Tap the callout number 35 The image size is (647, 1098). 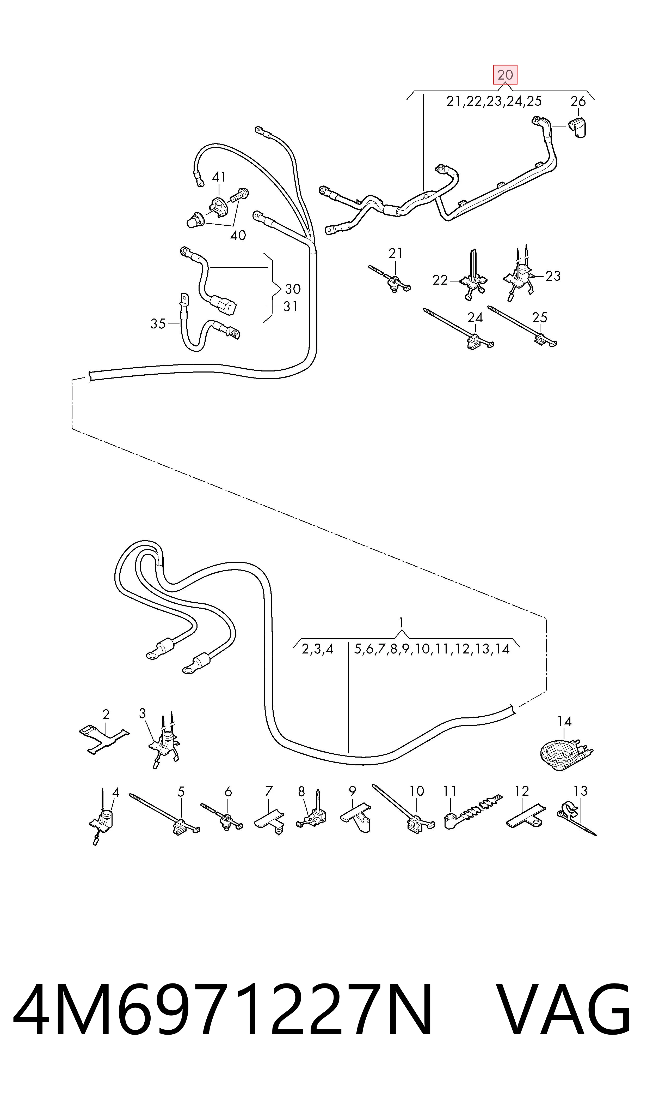(x=158, y=323)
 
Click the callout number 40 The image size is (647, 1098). (x=238, y=236)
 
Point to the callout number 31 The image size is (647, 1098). (x=290, y=307)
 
